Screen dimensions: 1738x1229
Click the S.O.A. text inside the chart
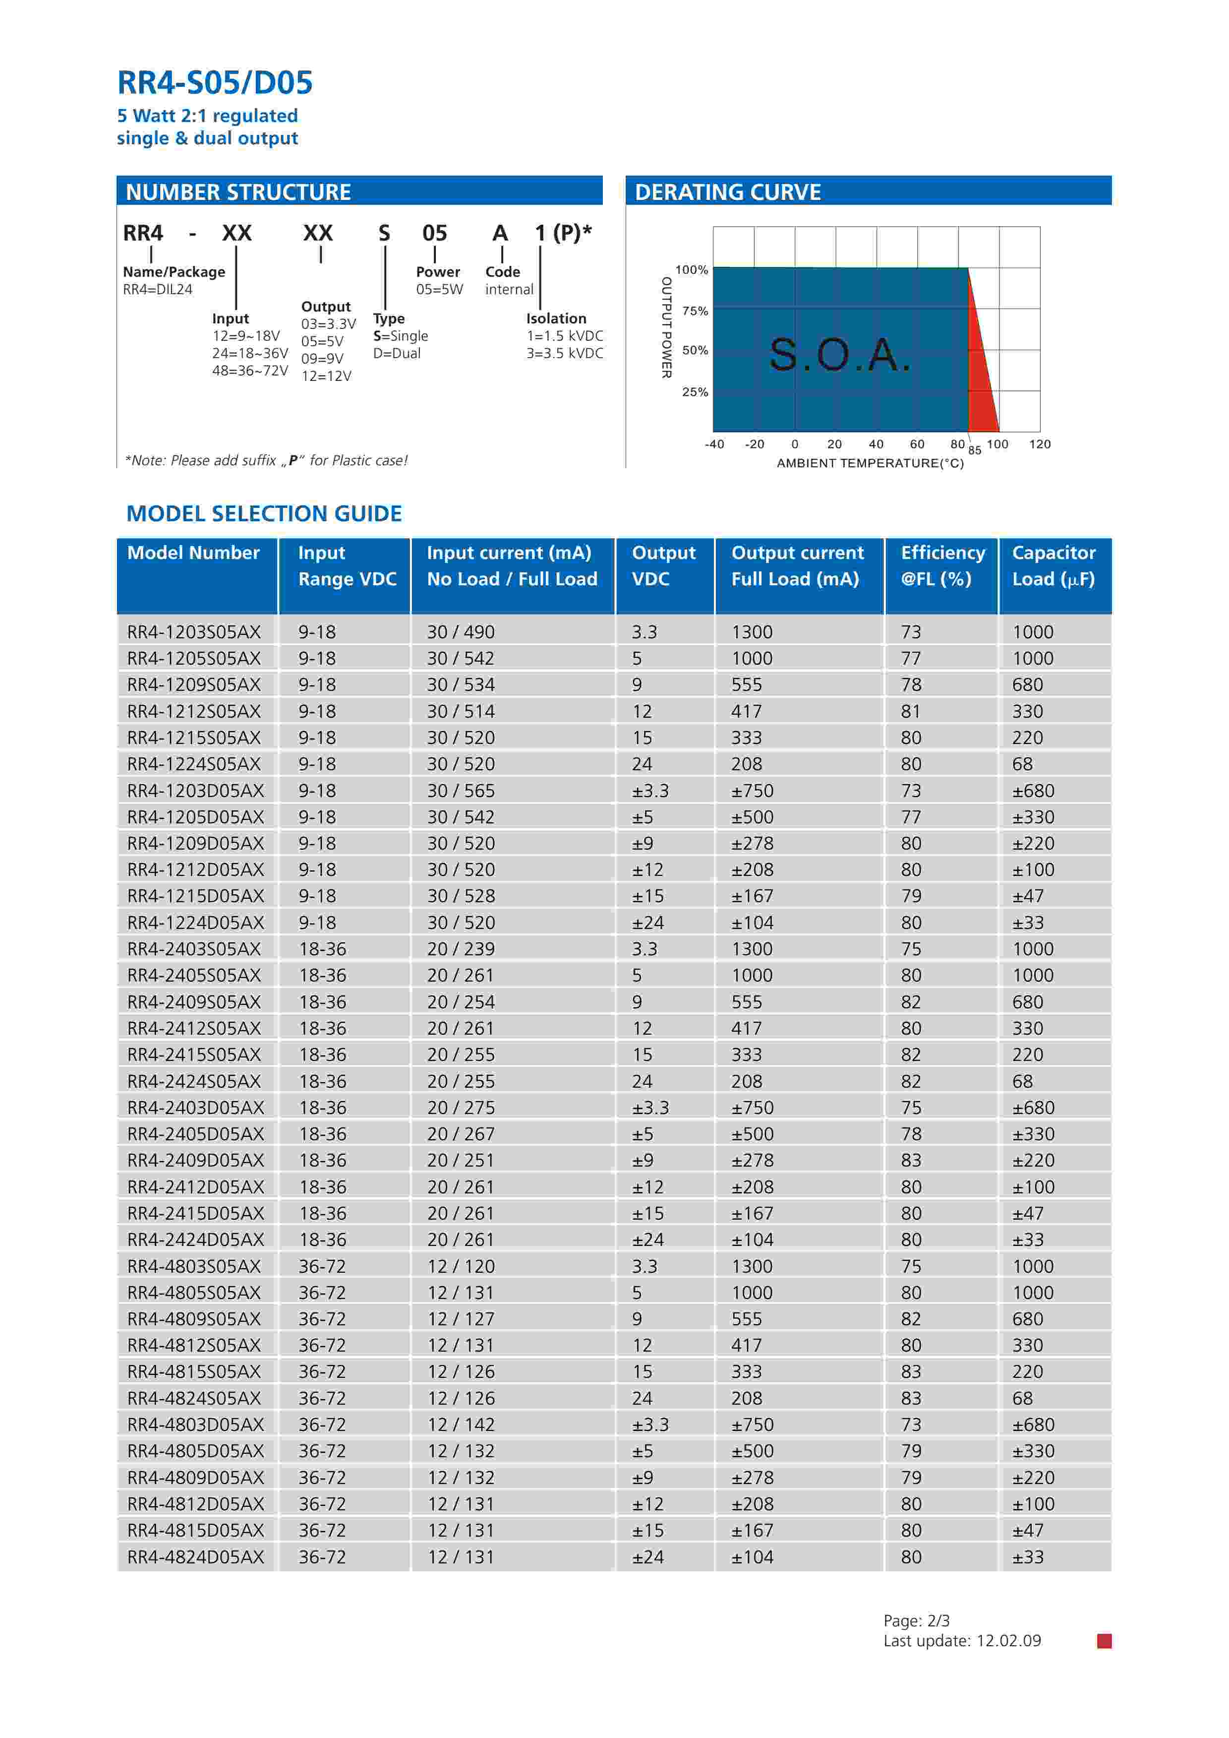pos(839,354)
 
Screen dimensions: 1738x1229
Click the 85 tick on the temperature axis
pos(975,450)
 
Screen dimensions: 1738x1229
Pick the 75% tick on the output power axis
pos(695,311)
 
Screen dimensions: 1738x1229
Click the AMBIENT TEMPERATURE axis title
pos(870,463)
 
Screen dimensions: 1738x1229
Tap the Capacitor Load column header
pos(1053,565)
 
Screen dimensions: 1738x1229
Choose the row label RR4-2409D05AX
pos(195,1161)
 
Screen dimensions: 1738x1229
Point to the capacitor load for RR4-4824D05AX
pos(1028,1557)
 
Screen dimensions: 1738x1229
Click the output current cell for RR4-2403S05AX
pos(752,949)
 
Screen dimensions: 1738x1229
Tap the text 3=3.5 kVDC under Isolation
pos(565,354)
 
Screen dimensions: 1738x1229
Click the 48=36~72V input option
pos(250,371)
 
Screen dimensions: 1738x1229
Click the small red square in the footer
pos(1104,1641)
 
